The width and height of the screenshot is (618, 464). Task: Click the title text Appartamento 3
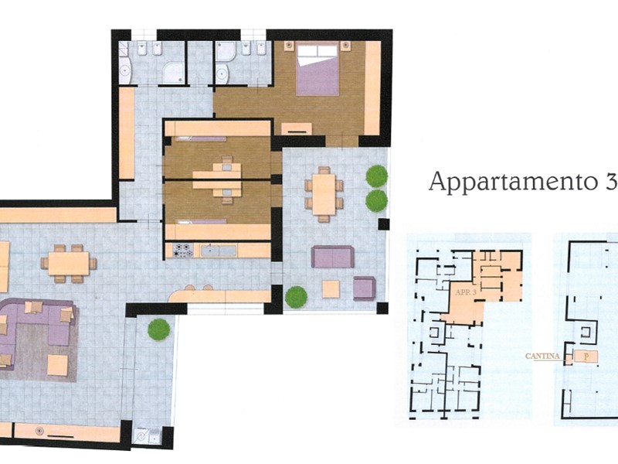click(x=523, y=181)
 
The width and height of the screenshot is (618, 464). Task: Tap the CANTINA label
click(x=542, y=356)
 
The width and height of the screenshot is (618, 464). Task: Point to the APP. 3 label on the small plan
click(x=466, y=292)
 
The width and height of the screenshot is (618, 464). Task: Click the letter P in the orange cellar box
click(x=586, y=357)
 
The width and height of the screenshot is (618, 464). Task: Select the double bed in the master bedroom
click(x=317, y=70)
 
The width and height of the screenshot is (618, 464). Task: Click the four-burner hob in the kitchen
click(x=183, y=250)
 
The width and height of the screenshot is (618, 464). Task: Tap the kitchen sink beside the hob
click(x=219, y=251)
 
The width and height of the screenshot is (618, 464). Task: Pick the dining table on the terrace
click(x=324, y=194)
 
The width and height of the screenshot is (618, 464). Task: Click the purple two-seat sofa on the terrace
click(x=333, y=257)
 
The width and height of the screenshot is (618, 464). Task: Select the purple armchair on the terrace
click(x=364, y=288)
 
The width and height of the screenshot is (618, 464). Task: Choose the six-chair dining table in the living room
click(x=69, y=264)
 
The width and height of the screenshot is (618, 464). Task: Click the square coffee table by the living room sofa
click(x=57, y=365)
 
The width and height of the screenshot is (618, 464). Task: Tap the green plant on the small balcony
click(x=159, y=329)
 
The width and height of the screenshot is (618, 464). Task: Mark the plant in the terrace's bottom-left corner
click(x=296, y=297)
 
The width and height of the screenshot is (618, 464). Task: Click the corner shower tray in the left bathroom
click(x=173, y=73)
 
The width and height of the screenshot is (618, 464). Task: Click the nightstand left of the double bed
click(x=289, y=46)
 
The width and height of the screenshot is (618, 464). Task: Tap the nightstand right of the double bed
click(x=345, y=46)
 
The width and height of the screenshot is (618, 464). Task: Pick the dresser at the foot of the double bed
click(x=297, y=128)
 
